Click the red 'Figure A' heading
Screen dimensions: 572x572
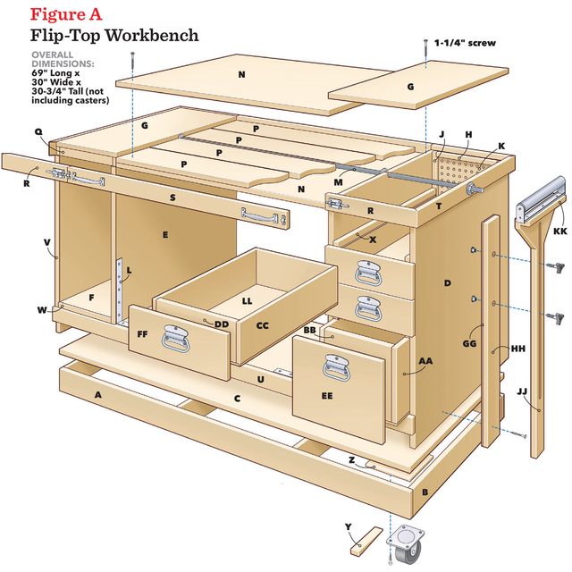pos(66,14)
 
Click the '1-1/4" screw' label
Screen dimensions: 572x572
pos(465,43)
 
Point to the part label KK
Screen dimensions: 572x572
pos(559,231)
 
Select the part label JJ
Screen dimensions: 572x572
pos(522,391)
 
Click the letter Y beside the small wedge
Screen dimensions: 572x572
pos(349,526)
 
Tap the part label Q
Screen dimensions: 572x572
pos(38,131)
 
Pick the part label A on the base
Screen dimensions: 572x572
pos(97,394)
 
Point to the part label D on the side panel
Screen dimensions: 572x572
pos(447,283)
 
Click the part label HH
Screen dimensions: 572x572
pos(518,349)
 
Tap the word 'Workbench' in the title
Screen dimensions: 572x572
pos(148,37)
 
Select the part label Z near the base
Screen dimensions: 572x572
pos(352,459)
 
